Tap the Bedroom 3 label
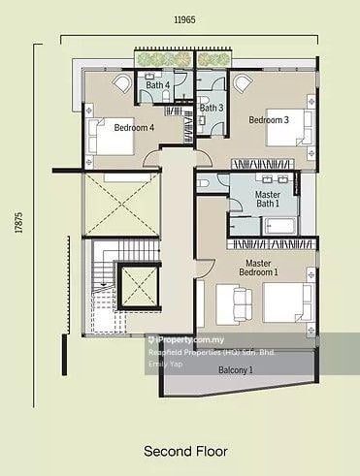[269, 120]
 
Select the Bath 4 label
[158, 85]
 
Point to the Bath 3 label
[212, 108]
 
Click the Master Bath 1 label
[268, 200]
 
